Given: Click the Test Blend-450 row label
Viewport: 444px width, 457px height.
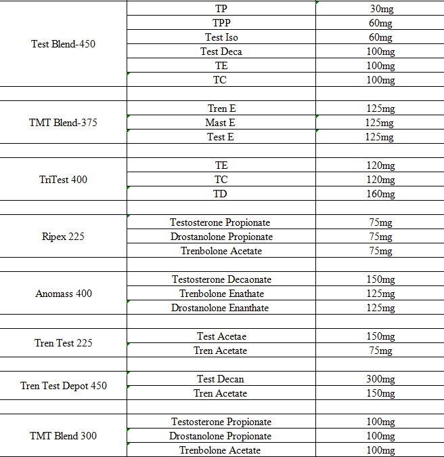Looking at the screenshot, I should coord(64,44).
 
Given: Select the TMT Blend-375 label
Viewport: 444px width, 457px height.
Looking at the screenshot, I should coord(64,123).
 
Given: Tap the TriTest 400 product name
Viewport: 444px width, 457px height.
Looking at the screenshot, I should coord(64,180).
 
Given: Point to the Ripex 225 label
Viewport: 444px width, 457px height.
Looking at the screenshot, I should coord(64,237).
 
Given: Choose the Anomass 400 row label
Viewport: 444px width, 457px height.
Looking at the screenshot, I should coord(64,294).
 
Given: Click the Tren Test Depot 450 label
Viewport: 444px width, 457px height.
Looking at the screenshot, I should coord(64,386).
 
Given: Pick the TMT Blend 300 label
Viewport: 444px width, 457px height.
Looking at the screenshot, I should coord(64,436).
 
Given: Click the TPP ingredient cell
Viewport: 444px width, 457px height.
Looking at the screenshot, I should coord(221,23).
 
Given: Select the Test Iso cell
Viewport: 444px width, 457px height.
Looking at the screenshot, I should coord(221,37).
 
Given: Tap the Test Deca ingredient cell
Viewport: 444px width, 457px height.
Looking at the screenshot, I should coord(221,52).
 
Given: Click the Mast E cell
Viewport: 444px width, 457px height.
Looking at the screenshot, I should coord(221,123).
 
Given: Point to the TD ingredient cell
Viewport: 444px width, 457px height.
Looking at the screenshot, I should coord(221,194).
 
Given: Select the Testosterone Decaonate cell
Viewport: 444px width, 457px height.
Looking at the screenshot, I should coord(221,279).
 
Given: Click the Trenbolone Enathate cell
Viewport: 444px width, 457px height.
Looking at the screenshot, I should coord(221,294).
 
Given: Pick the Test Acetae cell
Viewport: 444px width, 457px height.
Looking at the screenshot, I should coord(221,336).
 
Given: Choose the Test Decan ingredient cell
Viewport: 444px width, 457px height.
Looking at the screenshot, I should coord(221,379).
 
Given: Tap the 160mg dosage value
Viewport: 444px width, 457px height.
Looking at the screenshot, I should coord(380,194).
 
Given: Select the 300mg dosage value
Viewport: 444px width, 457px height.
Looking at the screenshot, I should coord(380,379).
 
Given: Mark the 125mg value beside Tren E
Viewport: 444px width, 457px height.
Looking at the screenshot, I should coord(380,108).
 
